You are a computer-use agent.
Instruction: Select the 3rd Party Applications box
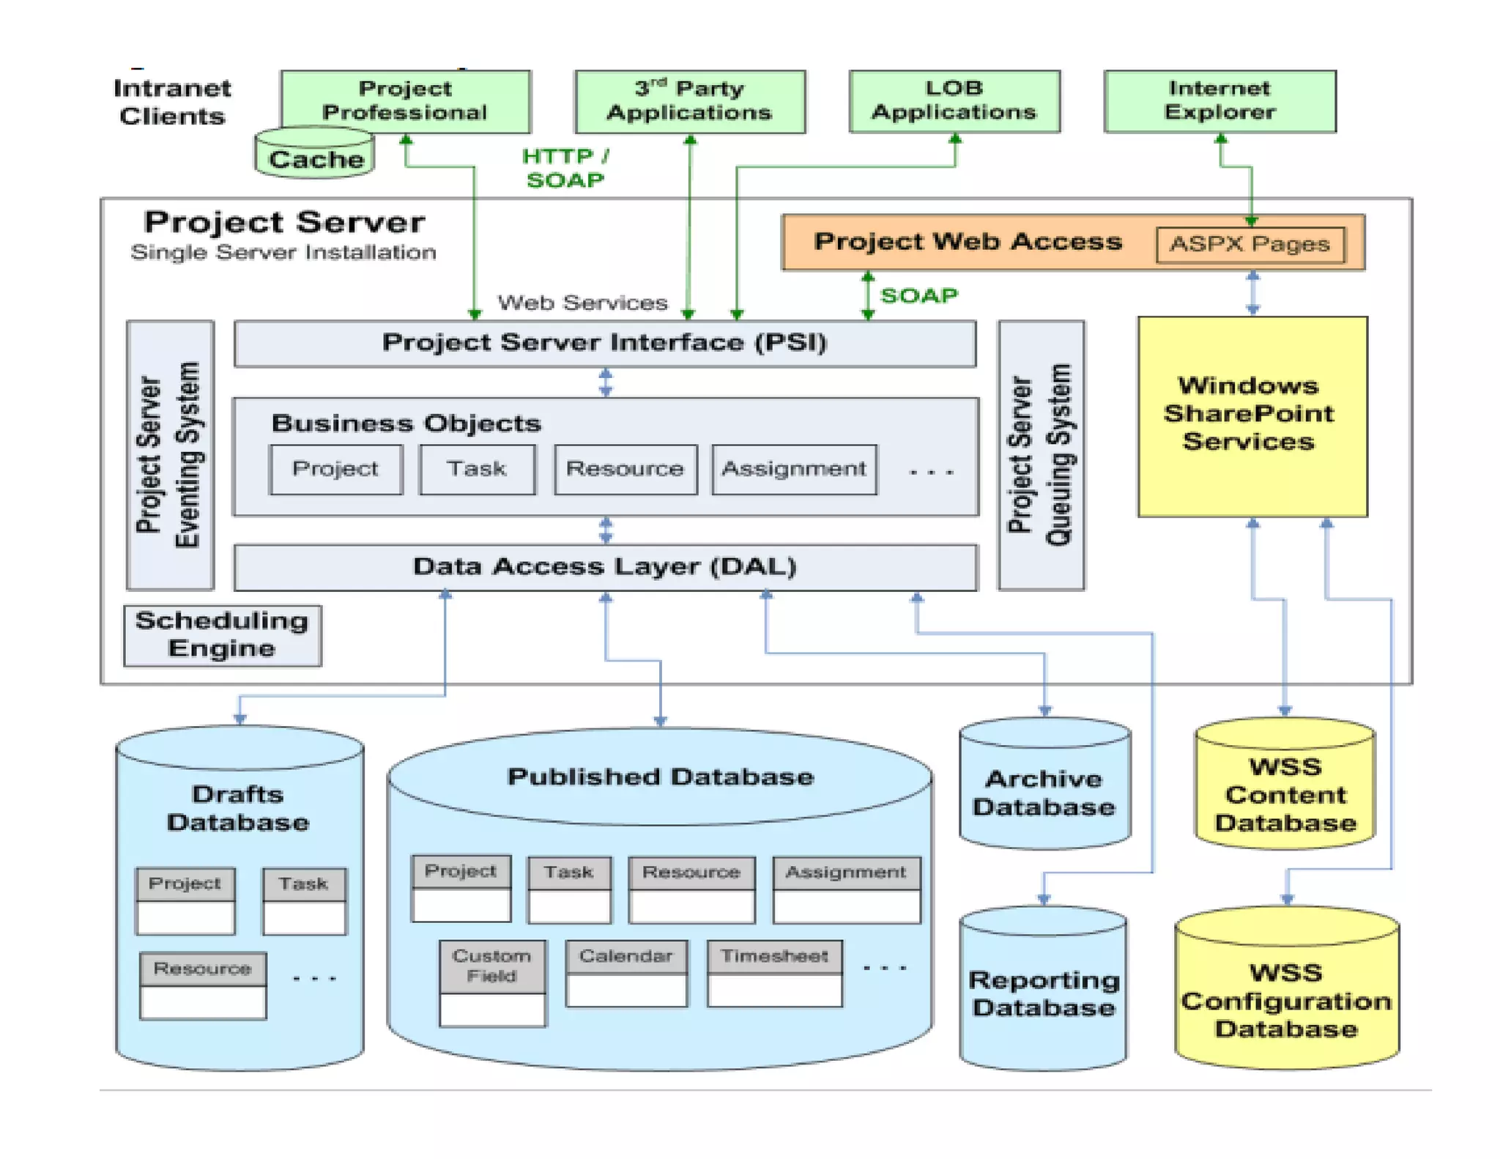coord(689,101)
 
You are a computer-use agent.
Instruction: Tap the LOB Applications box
coord(954,101)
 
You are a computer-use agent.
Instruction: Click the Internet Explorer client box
coord(1219,101)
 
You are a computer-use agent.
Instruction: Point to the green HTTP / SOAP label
coord(565,169)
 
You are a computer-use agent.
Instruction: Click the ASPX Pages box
coord(1250,244)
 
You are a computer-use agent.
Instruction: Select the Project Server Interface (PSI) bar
coord(604,343)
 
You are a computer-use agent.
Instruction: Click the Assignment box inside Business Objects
coord(794,469)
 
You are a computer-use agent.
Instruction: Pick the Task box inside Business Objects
coord(477,469)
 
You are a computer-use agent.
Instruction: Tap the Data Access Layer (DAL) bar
coord(604,567)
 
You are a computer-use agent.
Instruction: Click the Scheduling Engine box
coord(222,635)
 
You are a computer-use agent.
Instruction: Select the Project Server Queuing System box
coord(1041,455)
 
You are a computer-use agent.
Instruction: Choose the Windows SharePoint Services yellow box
coord(1252,415)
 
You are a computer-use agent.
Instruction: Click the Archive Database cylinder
coord(1044,791)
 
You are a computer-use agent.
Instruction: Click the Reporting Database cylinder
coord(1043,993)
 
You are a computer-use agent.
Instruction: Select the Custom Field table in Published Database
coord(492,982)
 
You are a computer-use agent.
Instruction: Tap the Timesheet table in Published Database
coord(774,973)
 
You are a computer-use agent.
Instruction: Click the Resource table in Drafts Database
coord(203,985)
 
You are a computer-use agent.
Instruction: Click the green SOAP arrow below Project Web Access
coord(868,295)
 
